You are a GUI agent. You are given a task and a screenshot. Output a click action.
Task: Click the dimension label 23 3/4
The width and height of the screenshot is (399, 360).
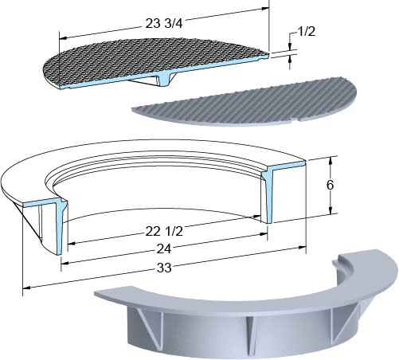[x=164, y=23]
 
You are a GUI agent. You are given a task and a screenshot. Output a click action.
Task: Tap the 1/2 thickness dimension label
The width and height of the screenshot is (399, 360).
[x=307, y=31]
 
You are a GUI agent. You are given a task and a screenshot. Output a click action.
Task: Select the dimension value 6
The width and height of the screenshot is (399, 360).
[x=330, y=185]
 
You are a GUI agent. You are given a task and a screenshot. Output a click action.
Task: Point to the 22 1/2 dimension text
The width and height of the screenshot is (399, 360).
[x=164, y=231]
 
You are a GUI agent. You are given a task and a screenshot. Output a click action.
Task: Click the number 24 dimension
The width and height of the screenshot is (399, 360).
[x=164, y=249]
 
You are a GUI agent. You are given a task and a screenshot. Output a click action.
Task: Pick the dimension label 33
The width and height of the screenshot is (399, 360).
[x=164, y=268]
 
